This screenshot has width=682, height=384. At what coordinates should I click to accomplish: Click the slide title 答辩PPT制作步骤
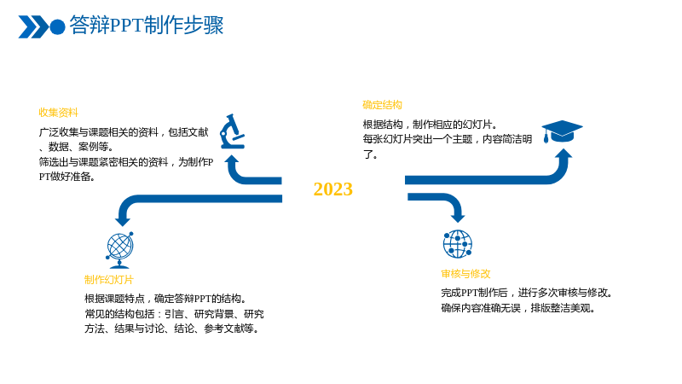[147, 26]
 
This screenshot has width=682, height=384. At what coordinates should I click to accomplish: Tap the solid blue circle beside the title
[57, 27]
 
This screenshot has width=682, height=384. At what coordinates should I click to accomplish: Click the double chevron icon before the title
[33, 27]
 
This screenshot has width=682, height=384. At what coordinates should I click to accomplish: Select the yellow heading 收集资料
[58, 113]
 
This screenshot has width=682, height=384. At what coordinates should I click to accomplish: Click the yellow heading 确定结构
[382, 105]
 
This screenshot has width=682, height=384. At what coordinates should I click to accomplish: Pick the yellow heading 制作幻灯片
[109, 280]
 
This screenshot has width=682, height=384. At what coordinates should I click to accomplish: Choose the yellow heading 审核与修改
[465, 274]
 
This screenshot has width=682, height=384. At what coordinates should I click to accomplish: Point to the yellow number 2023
[333, 189]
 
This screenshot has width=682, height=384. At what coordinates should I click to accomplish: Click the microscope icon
[232, 131]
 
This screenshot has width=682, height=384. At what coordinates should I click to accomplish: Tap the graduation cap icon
[562, 131]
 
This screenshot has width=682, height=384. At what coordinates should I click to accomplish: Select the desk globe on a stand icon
[119, 250]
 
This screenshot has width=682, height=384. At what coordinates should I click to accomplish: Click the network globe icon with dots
[458, 244]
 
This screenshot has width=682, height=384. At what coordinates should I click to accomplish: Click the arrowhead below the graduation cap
[564, 154]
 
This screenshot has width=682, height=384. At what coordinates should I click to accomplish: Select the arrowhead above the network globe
[458, 218]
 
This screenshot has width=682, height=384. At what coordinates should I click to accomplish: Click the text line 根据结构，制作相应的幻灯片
[431, 125]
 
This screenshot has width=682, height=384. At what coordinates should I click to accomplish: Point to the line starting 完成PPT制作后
[527, 293]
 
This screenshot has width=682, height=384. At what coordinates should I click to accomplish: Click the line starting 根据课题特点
[166, 299]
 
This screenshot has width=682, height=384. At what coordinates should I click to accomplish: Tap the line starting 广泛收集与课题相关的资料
[124, 132]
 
